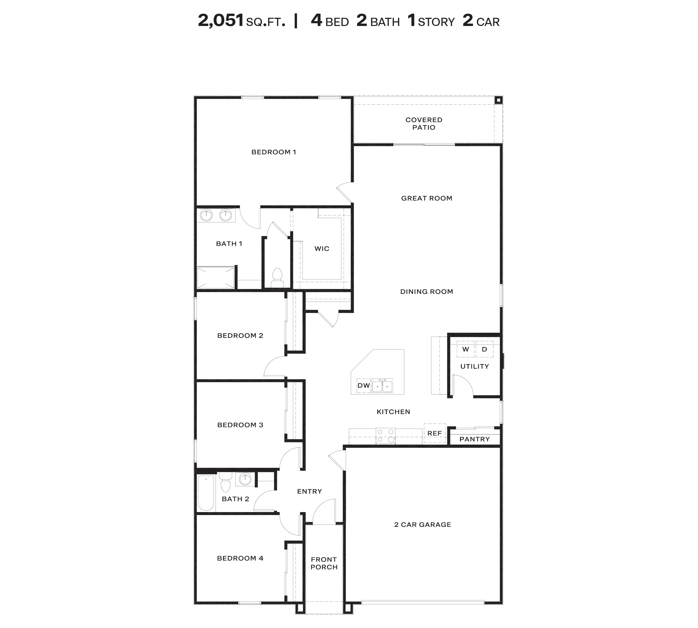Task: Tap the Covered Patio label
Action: coord(424,124)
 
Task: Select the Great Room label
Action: coord(426,198)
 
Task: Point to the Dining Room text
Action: coord(426,291)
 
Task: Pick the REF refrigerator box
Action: coord(434,433)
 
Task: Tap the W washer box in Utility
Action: coord(466,349)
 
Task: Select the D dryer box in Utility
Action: coord(484,349)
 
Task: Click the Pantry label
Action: coord(475,439)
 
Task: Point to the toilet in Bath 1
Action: coord(277,278)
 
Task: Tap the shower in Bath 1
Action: coord(215,278)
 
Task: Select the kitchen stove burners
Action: coord(385,436)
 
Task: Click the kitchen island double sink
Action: coord(382,386)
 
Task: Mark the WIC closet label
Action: coord(322,249)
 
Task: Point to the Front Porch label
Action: coord(324,563)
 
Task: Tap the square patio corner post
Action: coord(498,100)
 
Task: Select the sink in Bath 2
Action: coord(245,479)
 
